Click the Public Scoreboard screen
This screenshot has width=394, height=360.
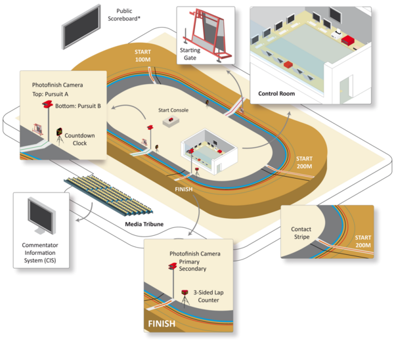81,26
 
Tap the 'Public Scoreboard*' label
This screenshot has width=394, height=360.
124,15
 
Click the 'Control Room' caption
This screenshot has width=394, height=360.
276,93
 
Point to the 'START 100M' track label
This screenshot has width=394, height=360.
142,56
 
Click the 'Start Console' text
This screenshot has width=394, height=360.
173,110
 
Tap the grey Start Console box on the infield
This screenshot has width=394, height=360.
171,122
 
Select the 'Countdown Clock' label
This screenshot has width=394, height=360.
79,139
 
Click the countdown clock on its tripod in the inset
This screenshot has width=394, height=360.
60,137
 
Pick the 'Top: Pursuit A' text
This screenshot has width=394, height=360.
51,95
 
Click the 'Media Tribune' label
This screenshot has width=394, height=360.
144,224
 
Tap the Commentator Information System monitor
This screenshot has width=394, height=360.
41,216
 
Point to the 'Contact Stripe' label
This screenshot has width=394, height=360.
301,233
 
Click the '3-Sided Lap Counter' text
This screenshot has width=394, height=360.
208,296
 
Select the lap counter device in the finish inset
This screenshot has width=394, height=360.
185,298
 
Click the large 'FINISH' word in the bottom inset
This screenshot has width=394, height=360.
162,324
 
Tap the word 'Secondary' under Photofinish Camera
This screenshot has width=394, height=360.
192,269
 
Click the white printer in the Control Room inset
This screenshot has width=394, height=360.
336,34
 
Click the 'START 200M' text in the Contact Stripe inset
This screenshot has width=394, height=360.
363,241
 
